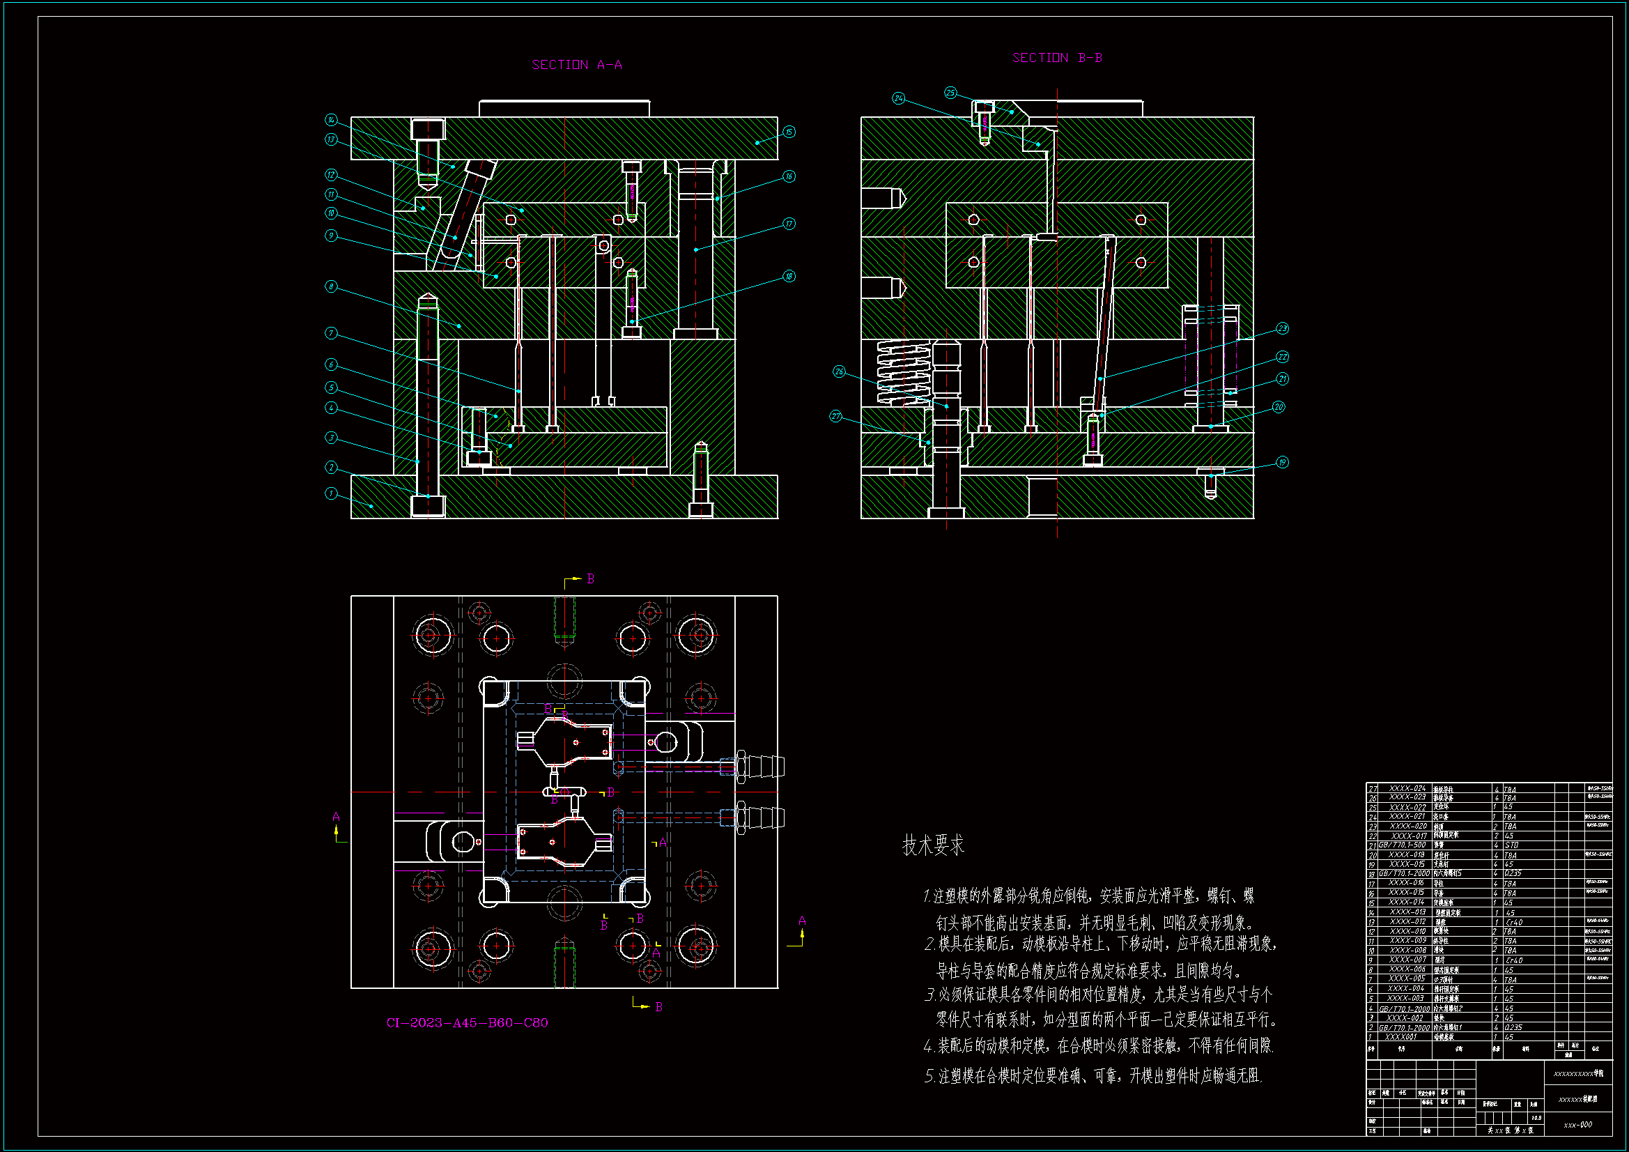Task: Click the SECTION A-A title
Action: pos(577,65)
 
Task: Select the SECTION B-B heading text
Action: pos(1057,57)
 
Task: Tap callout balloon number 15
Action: pos(789,132)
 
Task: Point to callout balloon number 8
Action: pos(332,286)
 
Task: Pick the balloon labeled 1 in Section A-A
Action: pos(332,493)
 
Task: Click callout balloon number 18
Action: pos(789,276)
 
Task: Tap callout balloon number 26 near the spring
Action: pos(840,372)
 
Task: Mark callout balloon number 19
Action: pos(1282,463)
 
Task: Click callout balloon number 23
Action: pos(1282,329)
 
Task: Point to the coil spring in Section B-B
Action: pos(903,371)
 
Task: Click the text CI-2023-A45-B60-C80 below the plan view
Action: pos(467,1023)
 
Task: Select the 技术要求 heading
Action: pos(933,845)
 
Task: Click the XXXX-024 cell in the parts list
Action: pos(1407,789)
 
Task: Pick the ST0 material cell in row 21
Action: pos(1512,845)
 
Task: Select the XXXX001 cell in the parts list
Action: pos(1401,1037)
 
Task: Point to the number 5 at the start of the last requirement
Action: pos(929,1077)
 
